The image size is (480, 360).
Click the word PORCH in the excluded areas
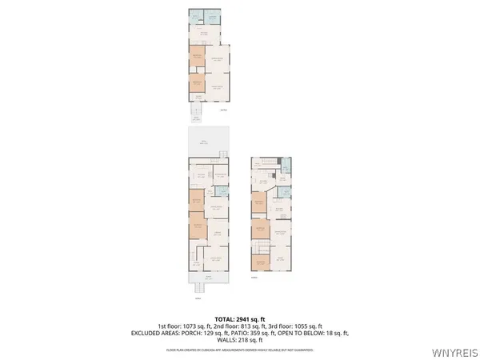(x=194, y=332)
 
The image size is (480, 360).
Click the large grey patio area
(x=208, y=142)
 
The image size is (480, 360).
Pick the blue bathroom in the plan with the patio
(x=218, y=191)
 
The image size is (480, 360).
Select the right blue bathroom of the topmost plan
(x=213, y=18)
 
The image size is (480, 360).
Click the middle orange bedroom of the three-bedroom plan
(x=259, y=230)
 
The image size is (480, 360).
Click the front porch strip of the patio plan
(x=208, y=277)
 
